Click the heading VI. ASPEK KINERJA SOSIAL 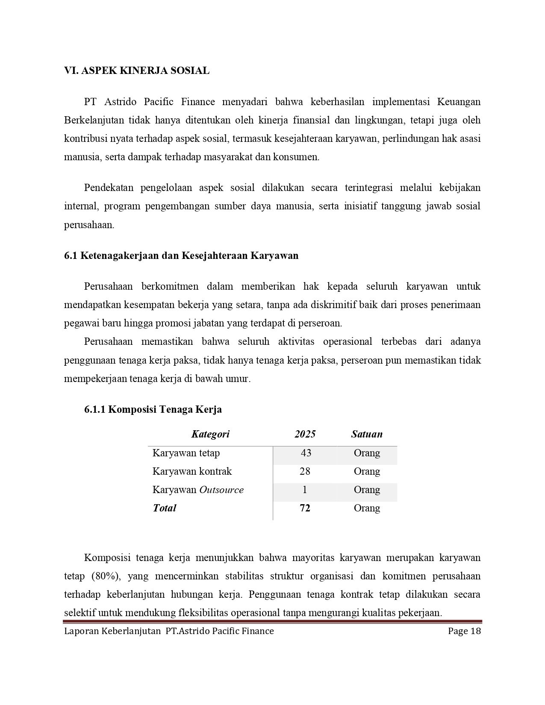137,71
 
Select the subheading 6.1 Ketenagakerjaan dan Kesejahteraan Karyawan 181,256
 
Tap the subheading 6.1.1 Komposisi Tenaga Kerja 153,410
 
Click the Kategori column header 210,435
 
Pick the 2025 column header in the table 305,435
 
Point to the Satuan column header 367,435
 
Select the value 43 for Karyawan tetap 306,453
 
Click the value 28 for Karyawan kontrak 305,471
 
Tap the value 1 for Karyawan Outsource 305,490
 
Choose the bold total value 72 305,508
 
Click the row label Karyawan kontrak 192,471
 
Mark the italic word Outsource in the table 221,490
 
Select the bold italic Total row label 165,508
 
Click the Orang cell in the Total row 367,508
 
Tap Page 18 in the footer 465,632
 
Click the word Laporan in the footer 81,632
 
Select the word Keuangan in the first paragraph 459,102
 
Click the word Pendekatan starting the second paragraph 109,188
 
